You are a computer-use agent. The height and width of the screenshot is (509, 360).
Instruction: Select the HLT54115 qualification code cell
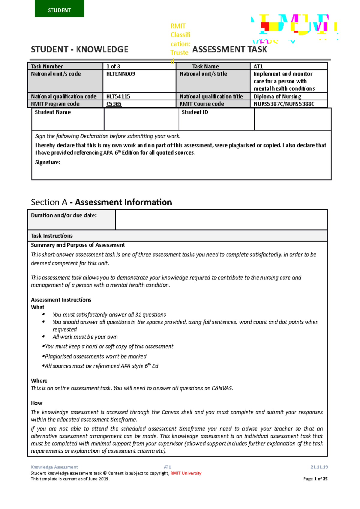[x=118, y=96]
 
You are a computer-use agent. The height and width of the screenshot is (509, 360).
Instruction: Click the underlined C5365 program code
[x=114, y=104]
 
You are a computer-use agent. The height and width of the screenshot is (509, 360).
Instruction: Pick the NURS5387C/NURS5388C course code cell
[x=284, y=104]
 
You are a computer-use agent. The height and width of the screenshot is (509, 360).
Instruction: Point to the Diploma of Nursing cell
[x=277, y=96]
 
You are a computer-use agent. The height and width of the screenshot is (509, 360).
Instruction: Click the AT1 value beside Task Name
[x=258, y=66]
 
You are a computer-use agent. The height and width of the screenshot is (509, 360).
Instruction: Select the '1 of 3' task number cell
[x=113, y=66]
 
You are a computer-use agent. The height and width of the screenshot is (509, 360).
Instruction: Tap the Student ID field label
[x=195, y=112]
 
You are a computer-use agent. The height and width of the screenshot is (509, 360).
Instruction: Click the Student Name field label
[x=53, y=112]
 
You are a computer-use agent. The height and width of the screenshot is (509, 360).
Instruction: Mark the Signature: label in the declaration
[x=48, y=162]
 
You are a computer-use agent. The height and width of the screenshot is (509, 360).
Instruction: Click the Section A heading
[x=101, y=202]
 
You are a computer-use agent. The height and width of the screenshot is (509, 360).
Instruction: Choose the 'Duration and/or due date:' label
[x=64, y=215]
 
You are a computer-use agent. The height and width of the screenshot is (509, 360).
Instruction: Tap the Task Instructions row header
[x=52, y=236]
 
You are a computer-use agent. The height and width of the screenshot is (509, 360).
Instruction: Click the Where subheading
[x=39, y=381]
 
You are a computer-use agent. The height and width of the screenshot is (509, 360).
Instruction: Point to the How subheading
[x=37, y=403]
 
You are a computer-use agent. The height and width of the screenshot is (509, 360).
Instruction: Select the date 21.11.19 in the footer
[x=319, y=467]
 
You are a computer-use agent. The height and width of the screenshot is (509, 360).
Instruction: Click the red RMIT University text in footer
[x=186, y=473]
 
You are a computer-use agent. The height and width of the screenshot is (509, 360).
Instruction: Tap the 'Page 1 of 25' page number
[x=315, y=479]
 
